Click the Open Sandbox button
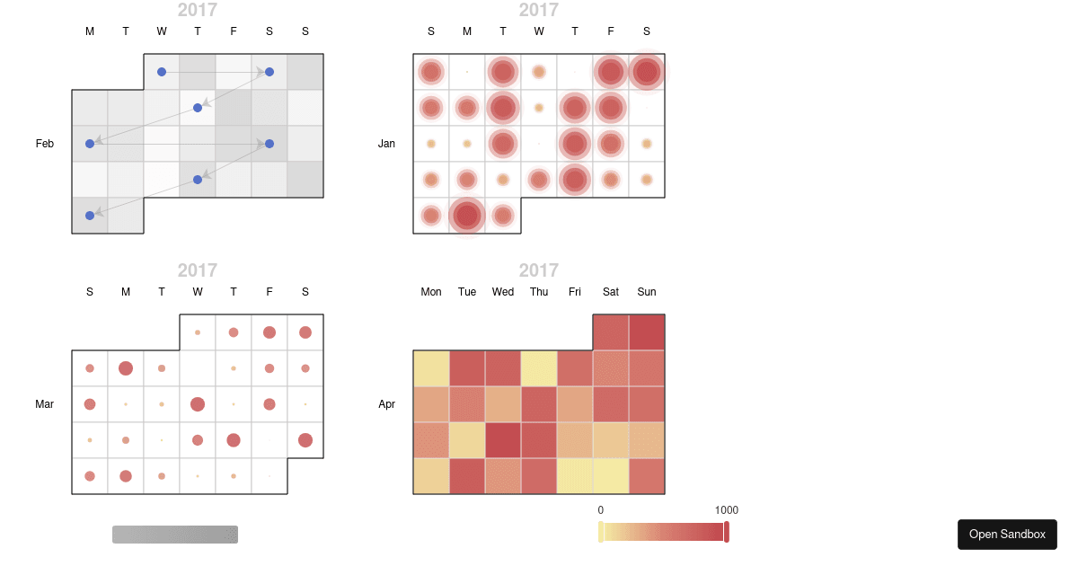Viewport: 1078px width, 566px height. [x=1007, y=535]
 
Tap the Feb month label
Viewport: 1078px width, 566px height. [x=45, y=144]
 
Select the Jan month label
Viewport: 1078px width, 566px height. [x=386, y=144]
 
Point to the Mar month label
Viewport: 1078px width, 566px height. [x=45, y=404]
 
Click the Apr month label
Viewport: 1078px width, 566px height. [x=386, y=404]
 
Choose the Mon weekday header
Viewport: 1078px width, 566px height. [x=431, y=292]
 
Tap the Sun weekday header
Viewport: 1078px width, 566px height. [x=647, y=292]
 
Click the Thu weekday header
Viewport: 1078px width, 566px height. [x=539, y=292]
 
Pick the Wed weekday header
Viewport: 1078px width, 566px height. [x=503, y=292]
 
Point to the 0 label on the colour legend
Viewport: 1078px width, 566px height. [x=601, y=510]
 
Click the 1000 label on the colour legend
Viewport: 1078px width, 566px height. [x=727, y=510]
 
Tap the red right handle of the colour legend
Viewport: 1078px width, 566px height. [x=727, y=532]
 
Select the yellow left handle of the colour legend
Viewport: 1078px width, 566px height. [x=601, y=532]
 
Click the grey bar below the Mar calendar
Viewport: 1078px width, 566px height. [x=175, y=535]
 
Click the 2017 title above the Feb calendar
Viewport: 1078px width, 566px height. [x=198, y=10]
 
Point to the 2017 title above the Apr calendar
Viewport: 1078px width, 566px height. [x=539, y=270]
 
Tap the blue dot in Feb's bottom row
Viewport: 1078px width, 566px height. [x=90, y=216]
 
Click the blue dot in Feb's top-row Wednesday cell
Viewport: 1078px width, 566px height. [x=162, y=72]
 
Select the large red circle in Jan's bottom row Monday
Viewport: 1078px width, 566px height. [x=467, y=216]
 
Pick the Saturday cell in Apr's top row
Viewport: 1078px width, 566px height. [x=611, y=332]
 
